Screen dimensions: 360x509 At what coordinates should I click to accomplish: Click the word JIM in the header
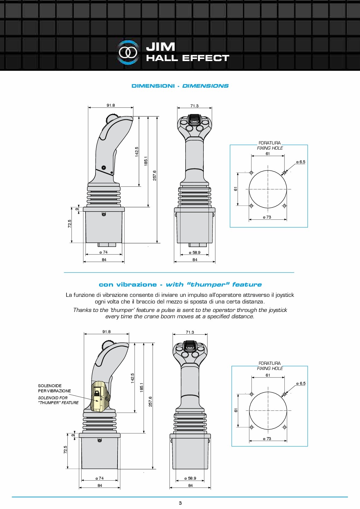[161, 47]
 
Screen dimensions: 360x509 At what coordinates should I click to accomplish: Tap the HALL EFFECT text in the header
[187, 58]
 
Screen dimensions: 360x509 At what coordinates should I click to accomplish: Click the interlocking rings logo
[128, 53]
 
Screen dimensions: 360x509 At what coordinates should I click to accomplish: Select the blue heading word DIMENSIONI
[153, 86]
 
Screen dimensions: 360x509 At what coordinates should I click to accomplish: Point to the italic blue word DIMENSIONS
[206, 86]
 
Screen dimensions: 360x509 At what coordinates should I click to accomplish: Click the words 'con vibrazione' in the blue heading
[128, 284]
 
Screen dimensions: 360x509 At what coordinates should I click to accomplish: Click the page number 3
[180, 503]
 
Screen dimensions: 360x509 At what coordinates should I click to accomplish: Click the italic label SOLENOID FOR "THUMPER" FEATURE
[58, 400]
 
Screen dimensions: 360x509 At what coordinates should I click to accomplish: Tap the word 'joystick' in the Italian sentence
[285, 295]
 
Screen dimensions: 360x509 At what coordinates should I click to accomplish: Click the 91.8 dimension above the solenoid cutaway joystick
[106, 332]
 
